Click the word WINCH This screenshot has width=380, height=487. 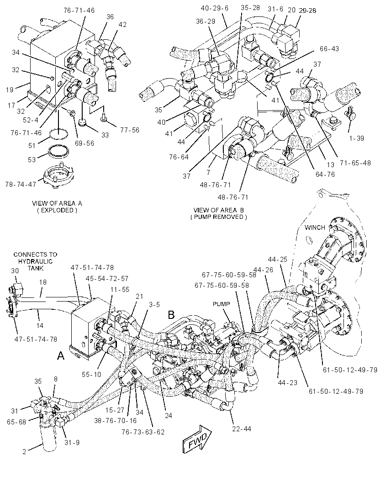pyautogui.click(x=315, y=228)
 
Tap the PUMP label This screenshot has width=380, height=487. pyautogui.click(x=222, y=304)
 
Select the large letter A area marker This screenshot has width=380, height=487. pyautogui.click(x=61, y=355)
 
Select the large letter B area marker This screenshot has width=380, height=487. pyautogui.click(x=171, y=315)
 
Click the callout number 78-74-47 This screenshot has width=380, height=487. pyautogui.click(x=21, y=184)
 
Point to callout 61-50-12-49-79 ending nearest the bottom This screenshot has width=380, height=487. pyautogui.click(x=336, y=392)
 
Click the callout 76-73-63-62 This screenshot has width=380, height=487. pyautogui.click(x=143, y=432)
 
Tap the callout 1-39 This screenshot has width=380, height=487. pyautogui.click(x=356, y=138)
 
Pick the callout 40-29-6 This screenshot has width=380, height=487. pyautogui.click(x=215, y=8)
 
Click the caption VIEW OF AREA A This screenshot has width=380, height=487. pyautogui.click(x=57, y=203)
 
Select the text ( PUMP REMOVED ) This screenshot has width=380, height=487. pyautogui.click(x=219, y=217)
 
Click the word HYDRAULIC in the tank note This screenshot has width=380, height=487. pyautogui.click(x=35, y=261)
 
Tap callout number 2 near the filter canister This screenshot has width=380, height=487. pyautogui.click(x=24, y=452)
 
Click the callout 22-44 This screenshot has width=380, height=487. pyautogui.click(x=242, y=429)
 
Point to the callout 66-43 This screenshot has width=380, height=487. pyautogui.click(x=329, y=49)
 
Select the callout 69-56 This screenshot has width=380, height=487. pyautogui.click(x=84, y=143)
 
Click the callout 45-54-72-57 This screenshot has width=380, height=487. pyautogui.click(x=107, y=279)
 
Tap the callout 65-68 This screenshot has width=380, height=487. pyautogui.click(x=16, y=422)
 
